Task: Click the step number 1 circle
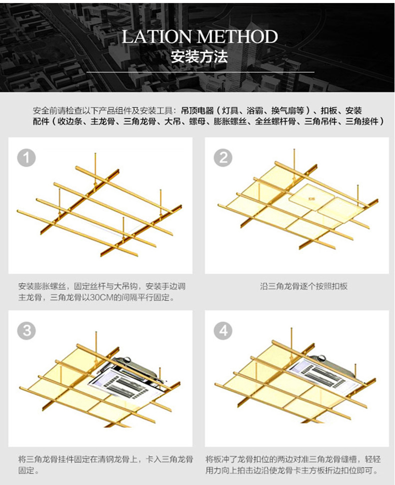[x=26, y=158]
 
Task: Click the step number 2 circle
[x=223, y=158]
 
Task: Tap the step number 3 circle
[x=26, y=331]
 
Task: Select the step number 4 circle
[x=223, y=331]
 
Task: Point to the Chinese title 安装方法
[x=199, y=56]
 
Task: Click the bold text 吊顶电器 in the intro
[x=197, y=110]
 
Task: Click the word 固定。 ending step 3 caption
[x=29, y=470]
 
